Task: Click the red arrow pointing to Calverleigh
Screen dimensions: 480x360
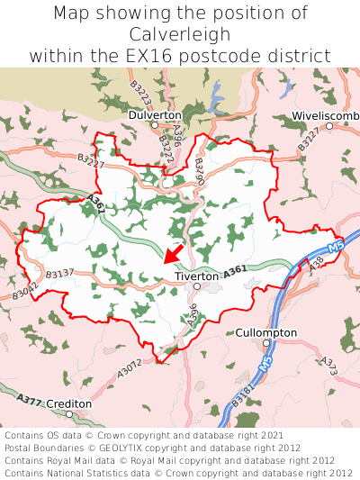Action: click(175, 252)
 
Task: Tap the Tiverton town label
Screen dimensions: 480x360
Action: click(196, 276)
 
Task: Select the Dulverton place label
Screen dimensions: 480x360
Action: click(155, 115)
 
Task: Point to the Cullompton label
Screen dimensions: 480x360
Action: click(265, 332)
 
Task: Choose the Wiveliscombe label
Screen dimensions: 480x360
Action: click(326, 116)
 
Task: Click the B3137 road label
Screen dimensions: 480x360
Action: click(59, 273)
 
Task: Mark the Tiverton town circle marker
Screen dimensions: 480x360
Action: click(197, 286)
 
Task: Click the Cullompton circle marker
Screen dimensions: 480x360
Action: click(265, 343)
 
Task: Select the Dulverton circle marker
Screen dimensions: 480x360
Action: click(155, 125)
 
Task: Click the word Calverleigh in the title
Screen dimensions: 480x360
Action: click(180, 34)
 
